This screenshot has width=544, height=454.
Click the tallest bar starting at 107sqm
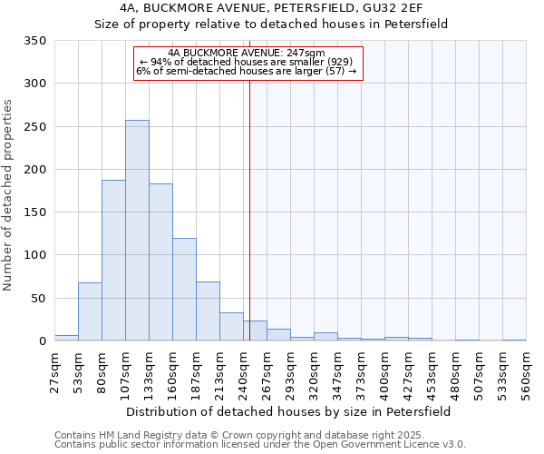[137, 231]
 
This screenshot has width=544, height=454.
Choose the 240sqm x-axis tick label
[244, 372]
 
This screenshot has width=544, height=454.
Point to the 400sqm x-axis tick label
[385, 372]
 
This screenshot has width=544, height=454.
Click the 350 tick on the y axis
[35, 41]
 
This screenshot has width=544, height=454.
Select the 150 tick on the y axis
[35, 212]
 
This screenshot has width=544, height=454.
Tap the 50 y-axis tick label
[38, 298]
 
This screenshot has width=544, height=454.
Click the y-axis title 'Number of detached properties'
[9, 195]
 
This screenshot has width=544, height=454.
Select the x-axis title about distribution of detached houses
[288, 411]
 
